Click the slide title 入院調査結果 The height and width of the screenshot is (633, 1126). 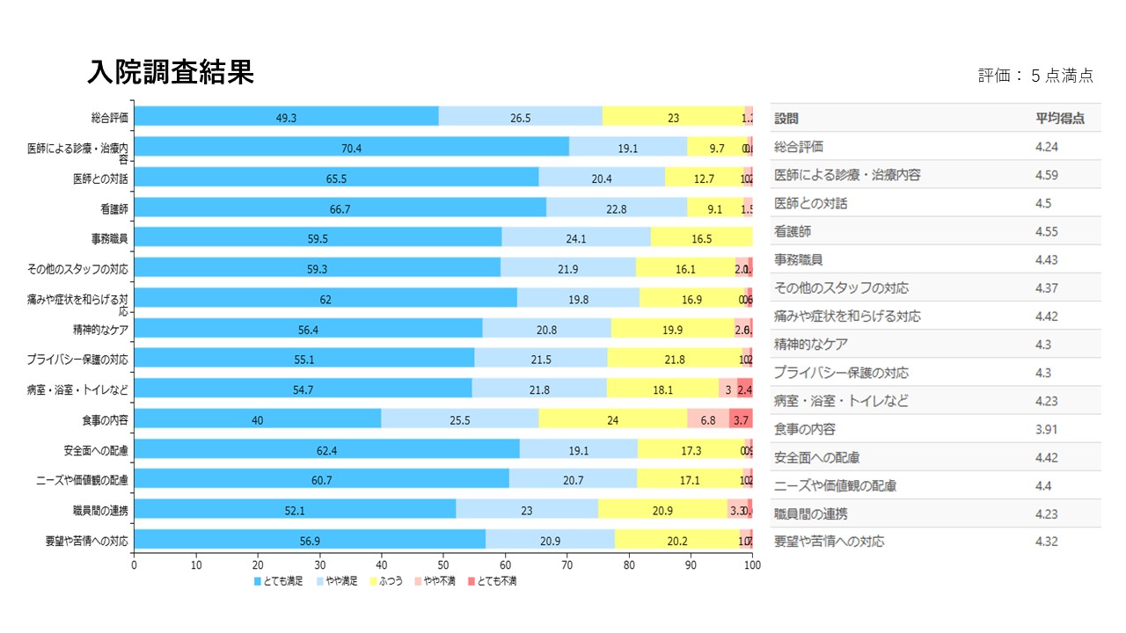(171, 72)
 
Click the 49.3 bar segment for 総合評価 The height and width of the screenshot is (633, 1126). (286, 116)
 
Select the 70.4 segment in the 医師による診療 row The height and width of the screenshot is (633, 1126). (351, 147)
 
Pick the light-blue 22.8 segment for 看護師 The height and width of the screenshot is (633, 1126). (617, 207)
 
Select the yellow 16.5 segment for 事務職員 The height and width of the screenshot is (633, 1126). (701, 237)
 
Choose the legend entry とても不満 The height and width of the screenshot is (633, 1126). (492, 581)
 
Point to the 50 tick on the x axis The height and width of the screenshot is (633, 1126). (443, 565)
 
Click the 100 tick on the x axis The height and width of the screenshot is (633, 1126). (752, 565)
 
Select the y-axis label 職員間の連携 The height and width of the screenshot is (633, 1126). (101, 510)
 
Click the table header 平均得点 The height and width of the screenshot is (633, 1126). (1060, 119)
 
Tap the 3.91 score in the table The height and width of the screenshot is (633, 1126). (1047, 429)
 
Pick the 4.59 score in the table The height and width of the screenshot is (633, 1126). (1047, 175)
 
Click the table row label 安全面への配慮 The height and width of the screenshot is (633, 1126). (816, 457)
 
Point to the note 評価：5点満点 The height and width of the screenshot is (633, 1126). (1035, 76)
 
